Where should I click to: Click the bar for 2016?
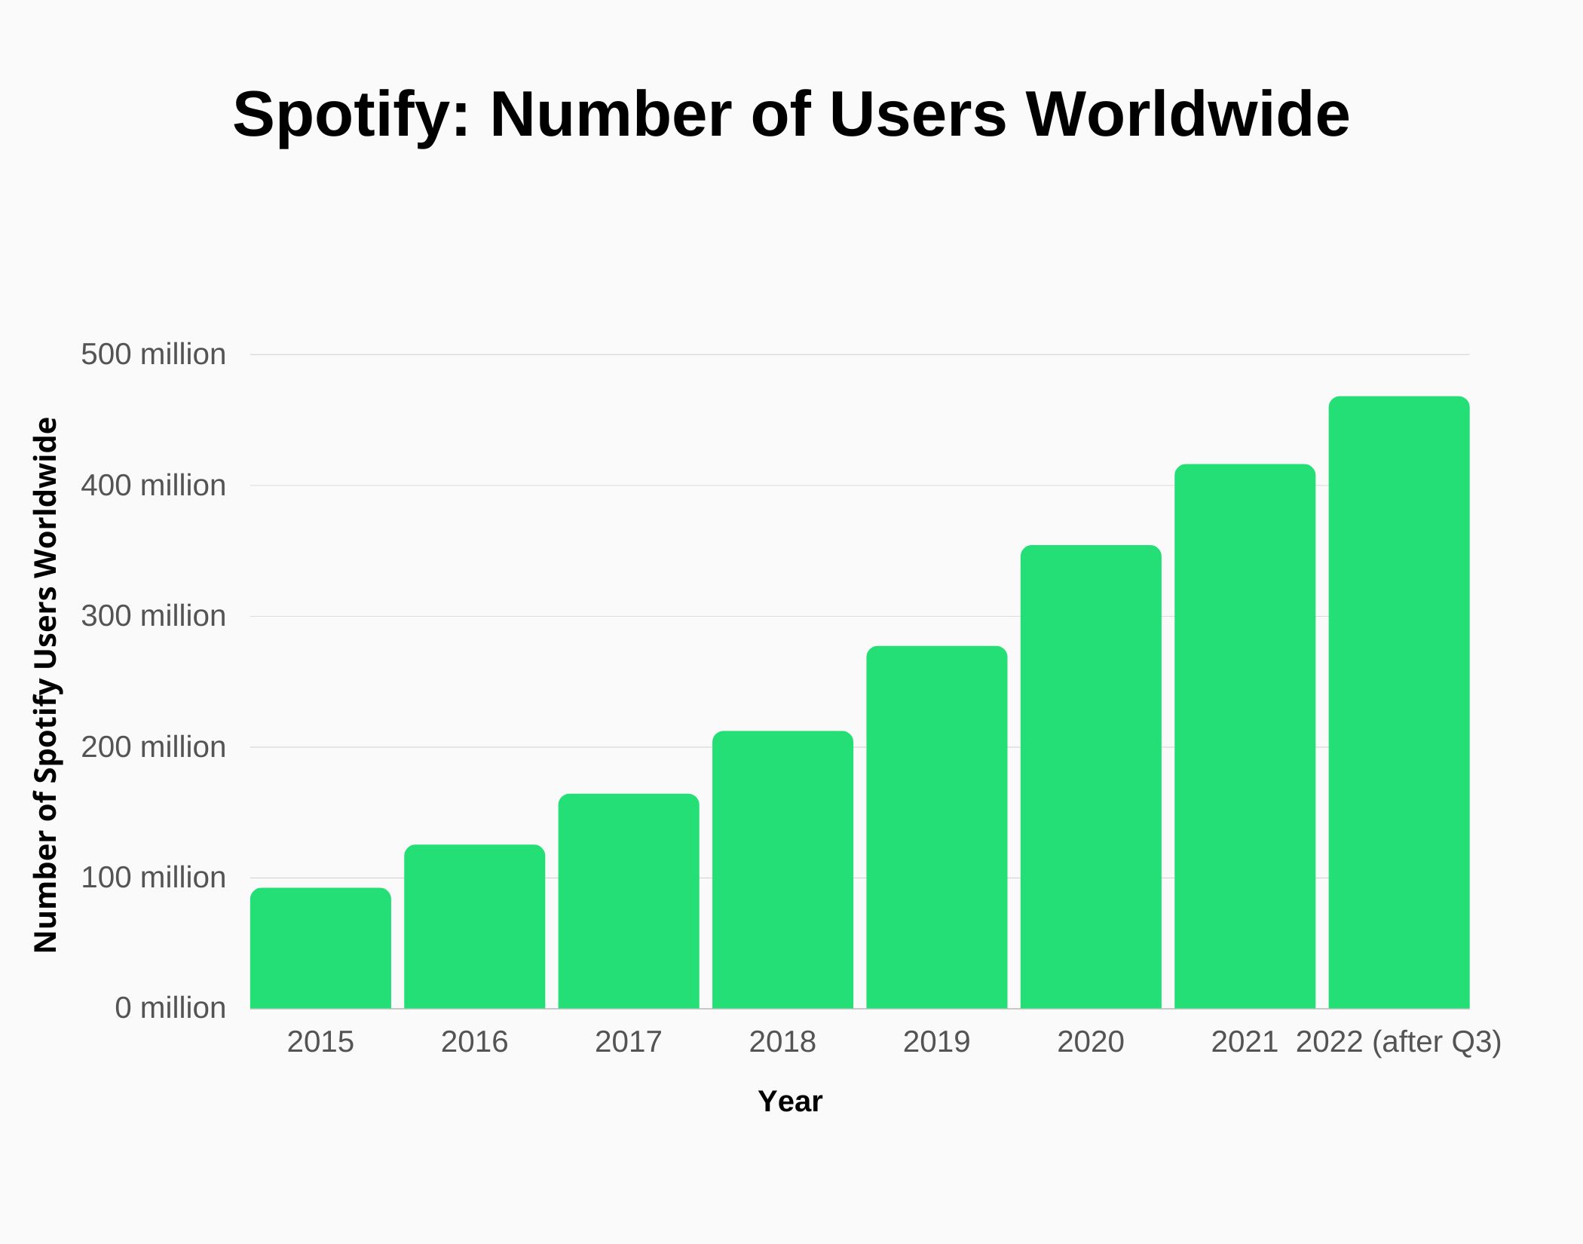(x=474, y=927)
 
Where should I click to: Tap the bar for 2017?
(x=629, y=901)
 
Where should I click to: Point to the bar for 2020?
(x=1091, y=777)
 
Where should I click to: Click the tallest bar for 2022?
(x=1398, y=702)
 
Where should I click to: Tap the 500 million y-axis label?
(x=153, y=354)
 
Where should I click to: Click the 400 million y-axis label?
(x=153, y=486)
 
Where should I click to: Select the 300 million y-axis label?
(x=153, y=616)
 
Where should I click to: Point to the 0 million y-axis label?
(x=170, y=1008)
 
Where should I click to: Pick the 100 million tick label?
(x=153, y=878)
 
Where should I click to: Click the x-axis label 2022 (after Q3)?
(x=1398, y=1042)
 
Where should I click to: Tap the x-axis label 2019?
(x=936, y=1042)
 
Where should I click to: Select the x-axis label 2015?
(x=320, y=1042)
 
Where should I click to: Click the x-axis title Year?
(x=789, y=1102)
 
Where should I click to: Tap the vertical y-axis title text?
(x=46, y=685)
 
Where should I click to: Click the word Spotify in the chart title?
(x=351, y=115)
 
